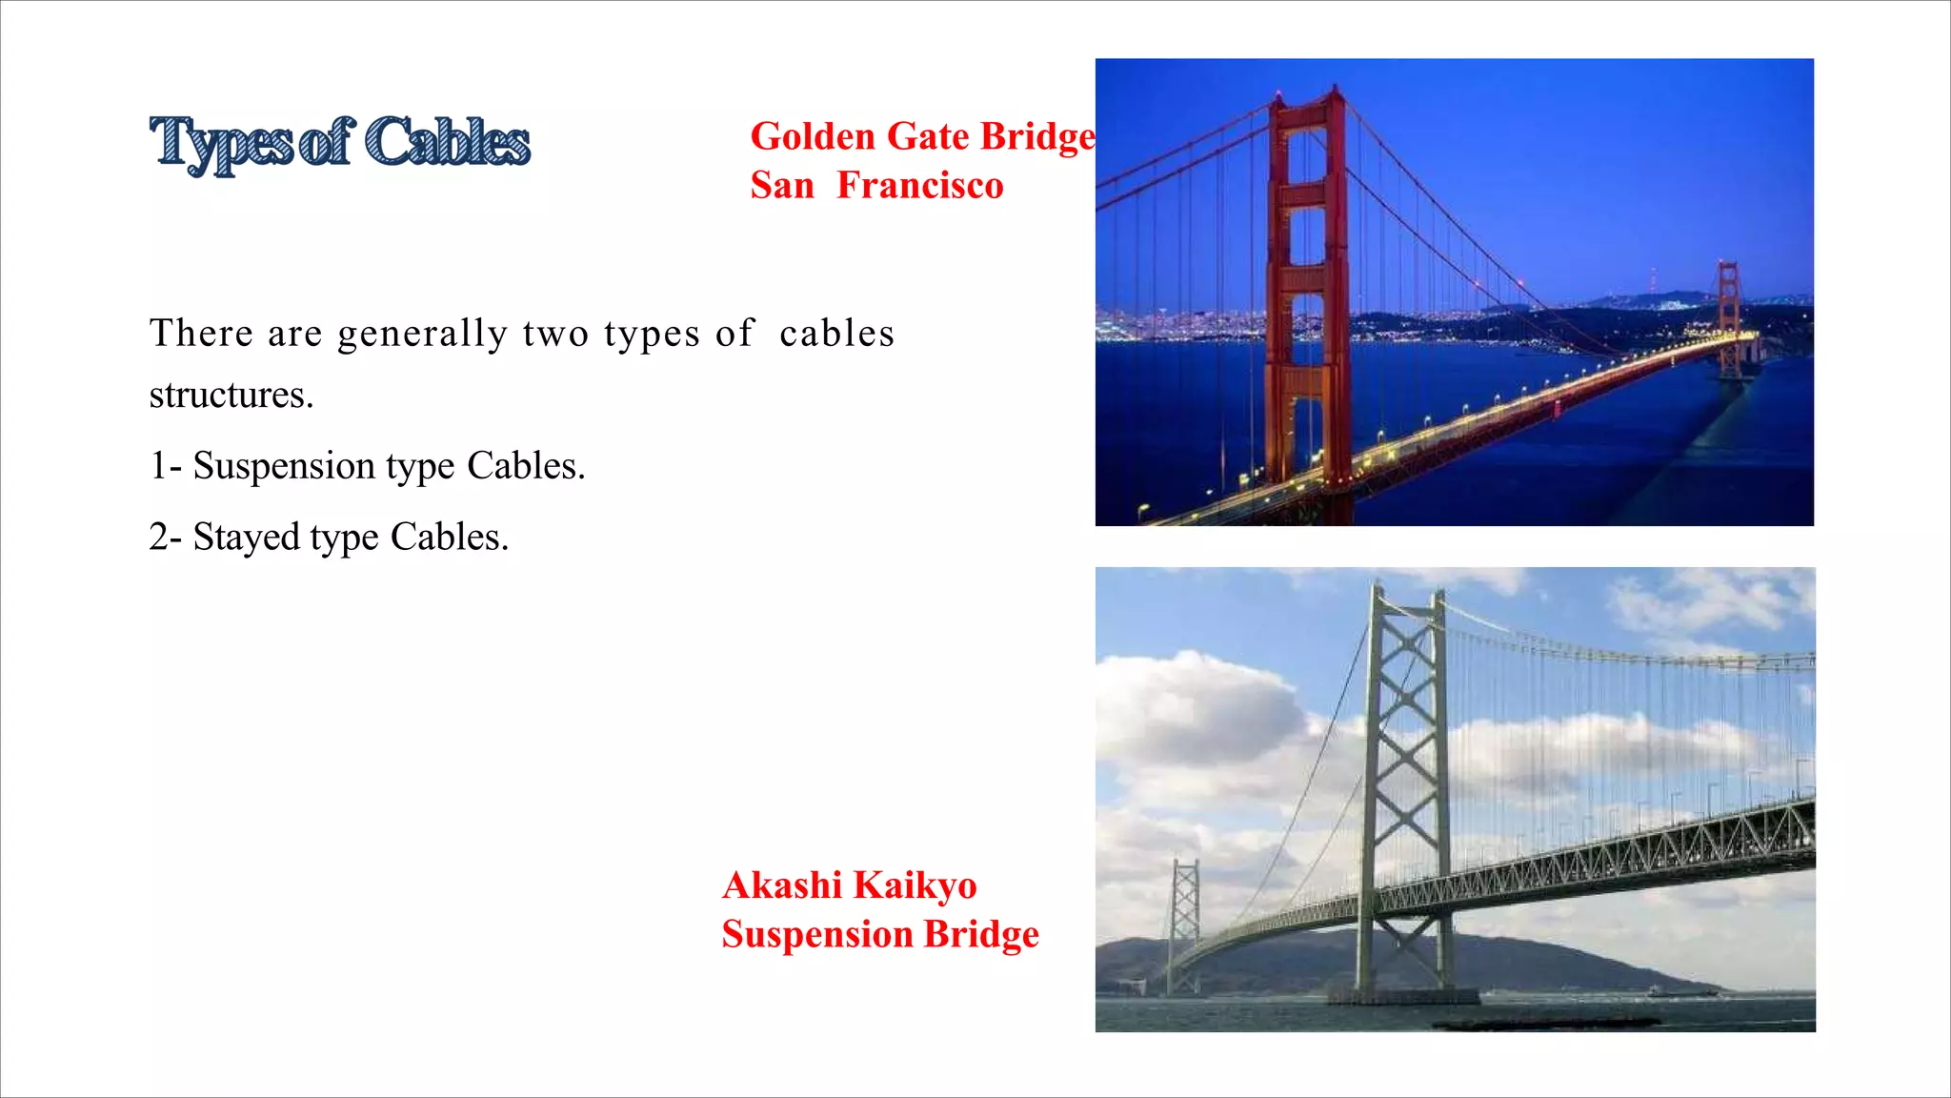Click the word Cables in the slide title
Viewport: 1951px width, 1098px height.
click(x=447, y=142)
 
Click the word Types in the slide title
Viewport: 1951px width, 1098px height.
click(x=221, y=143)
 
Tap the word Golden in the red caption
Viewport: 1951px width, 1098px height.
click(x=813, y=137)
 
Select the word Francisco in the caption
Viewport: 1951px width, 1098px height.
click(x=919, y=185)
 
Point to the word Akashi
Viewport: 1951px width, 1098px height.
click(x=781, y=885)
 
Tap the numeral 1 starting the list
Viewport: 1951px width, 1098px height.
click(x=158, y=466)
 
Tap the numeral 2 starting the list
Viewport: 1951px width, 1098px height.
click(x=158, y=538)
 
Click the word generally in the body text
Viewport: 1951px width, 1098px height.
click(x=422, y=335)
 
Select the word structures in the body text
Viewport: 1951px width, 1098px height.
click(x=231, y=395)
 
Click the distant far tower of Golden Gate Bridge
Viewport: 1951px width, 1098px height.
click(x=1729, y=315)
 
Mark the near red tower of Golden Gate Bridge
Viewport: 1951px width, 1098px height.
click(x=1307, y=286)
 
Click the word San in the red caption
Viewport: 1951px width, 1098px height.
click(x=782, y=185)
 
